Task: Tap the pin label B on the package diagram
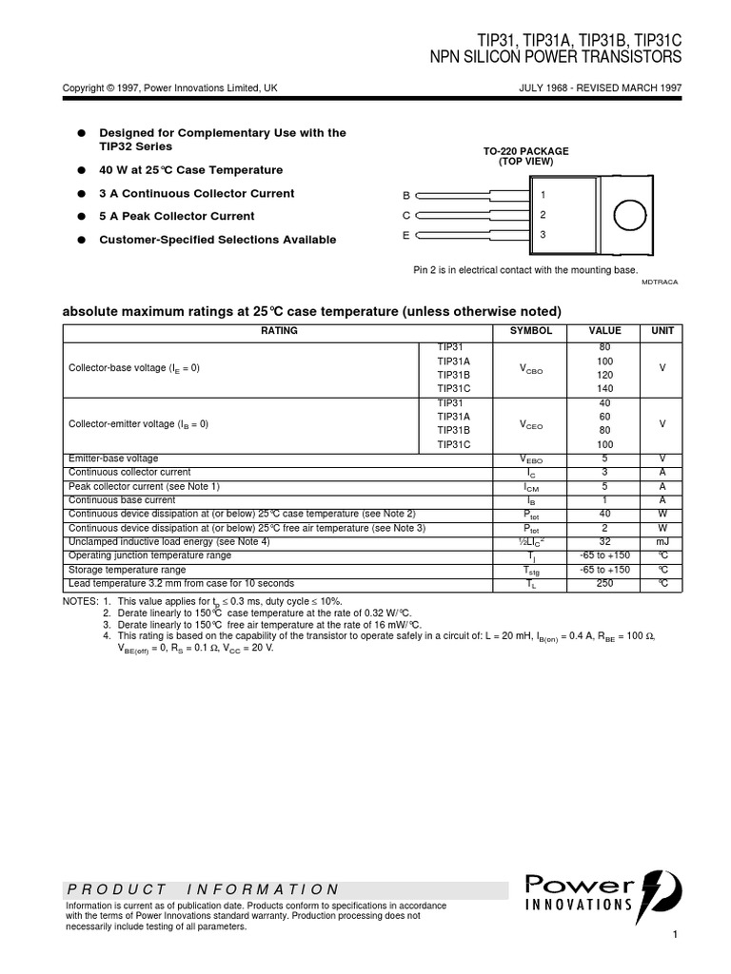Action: coord(405,195)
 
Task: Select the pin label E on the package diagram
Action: coord(405,235)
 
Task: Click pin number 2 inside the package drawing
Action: coord(543,215)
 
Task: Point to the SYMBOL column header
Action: coord(531,331)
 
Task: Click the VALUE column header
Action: coord(604,331)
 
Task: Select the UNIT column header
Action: coord(662,331)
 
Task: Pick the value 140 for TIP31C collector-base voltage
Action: coord(604,388)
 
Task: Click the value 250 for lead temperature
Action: coord(604,583)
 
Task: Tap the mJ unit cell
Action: coord(662,541)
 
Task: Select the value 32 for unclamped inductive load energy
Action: coord(604,541)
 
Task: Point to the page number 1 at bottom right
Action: coord(674,936)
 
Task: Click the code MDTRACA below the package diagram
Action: coord(660,282)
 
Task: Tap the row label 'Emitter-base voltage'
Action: coord(113,458)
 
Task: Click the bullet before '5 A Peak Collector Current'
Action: coord(82,217)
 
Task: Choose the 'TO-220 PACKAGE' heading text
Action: coord(525,152)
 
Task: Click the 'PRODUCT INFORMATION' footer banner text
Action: coord(203,889)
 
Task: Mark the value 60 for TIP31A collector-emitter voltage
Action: coord(604,417)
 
